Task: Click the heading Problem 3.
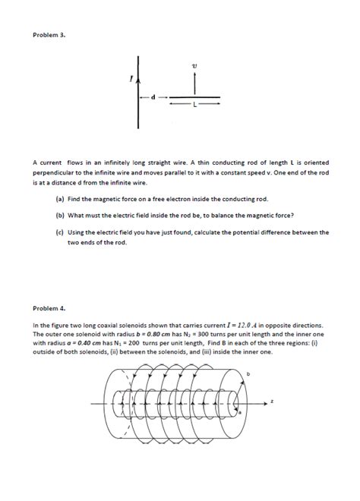(x=49, y=34)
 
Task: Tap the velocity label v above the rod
(x=195, y=66)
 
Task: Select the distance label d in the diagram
(x=153, y=97)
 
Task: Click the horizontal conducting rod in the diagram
(x=194, y=97)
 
